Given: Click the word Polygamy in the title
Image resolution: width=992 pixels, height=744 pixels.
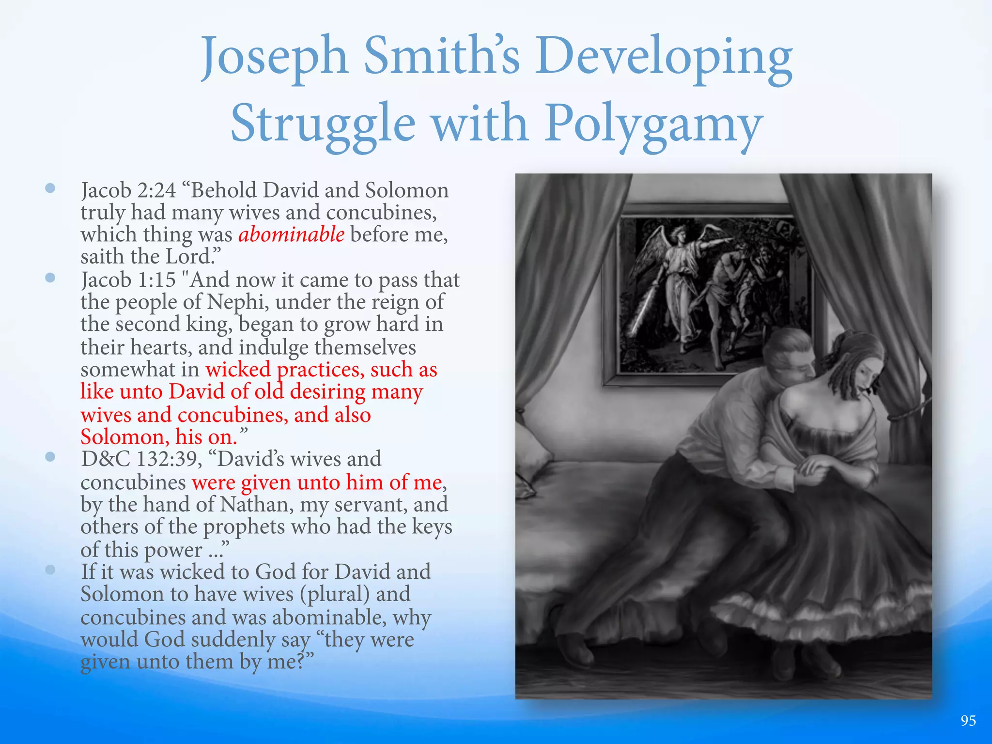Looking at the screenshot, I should click(x=653, y=125).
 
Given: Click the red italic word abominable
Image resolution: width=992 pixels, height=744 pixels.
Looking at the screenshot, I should click(x=291, y=235).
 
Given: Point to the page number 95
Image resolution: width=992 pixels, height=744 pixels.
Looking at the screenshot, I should click(x=968, y=721).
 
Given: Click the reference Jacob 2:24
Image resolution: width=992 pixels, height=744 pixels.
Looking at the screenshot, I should click(x=128, y=190).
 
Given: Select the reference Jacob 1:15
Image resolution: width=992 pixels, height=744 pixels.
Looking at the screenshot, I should click(x=128, y=280).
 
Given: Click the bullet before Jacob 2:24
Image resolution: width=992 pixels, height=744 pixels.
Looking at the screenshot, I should click(x=50, y=188).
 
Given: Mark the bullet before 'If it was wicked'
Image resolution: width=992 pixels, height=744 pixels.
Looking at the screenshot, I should click(x=50, y=570).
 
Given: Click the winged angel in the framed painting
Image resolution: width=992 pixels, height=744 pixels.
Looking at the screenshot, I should click(x=678, y=271).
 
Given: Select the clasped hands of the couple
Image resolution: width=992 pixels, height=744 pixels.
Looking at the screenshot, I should click(x=819, y=467).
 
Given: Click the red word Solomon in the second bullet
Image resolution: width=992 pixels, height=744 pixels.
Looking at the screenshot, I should click(x=124, y=437).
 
